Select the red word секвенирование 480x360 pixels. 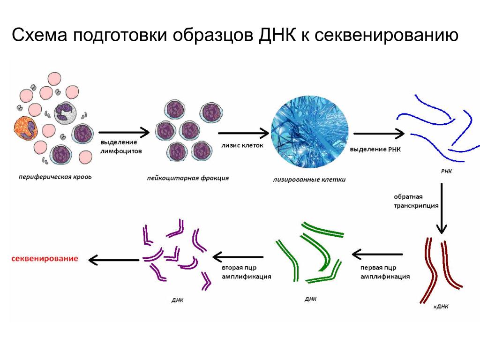pos(45,259)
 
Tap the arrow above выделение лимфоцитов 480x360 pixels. pos(124,133)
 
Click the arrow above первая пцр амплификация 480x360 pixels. pos(377,255)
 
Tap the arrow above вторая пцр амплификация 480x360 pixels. pos(238,256)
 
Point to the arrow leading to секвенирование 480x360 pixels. pos(114,259)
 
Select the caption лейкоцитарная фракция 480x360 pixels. pos(188,178)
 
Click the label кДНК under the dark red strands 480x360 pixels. pos(441,307)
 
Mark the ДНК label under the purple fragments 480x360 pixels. pos(177,300)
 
